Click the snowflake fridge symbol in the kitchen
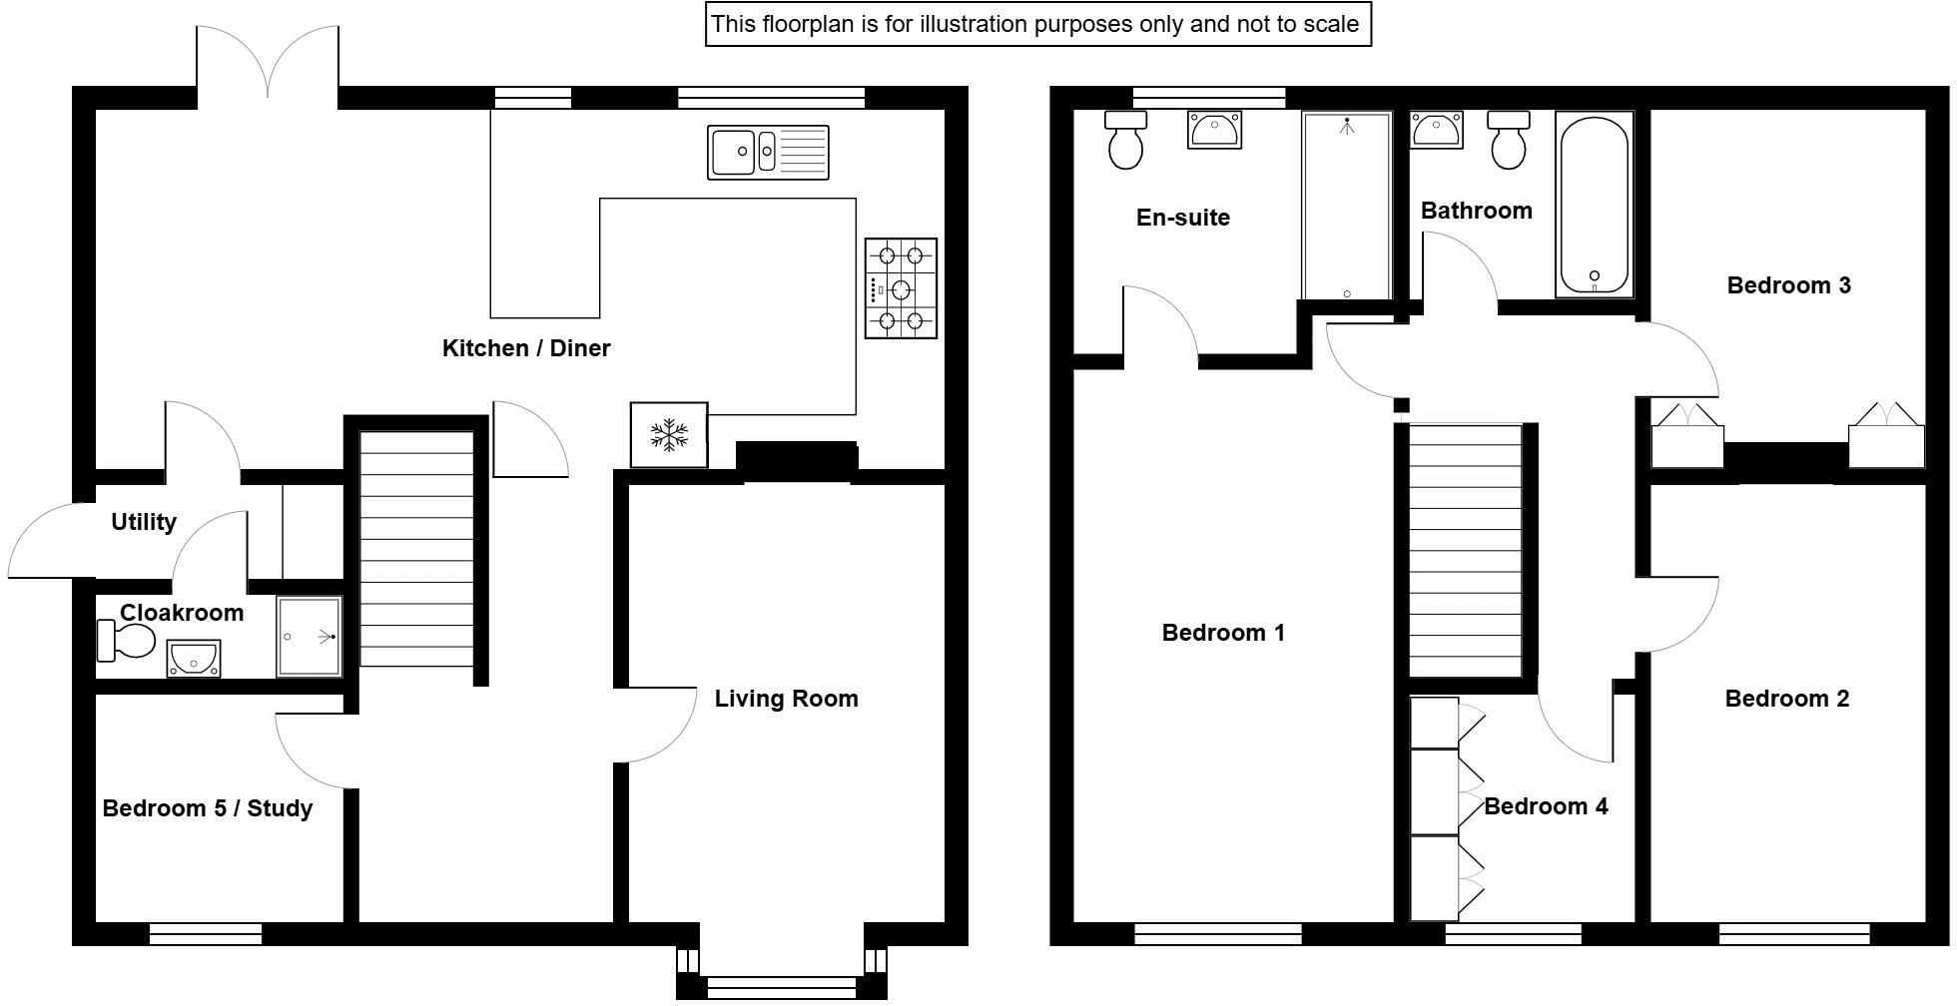coord(669,434)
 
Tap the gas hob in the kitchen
coord(901,288)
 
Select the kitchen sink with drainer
coord(768,152)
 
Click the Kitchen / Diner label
coord(526,348)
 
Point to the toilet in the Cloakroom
coord(126,641)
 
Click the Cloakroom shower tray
coord(310,636)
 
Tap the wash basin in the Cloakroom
coord(194,659)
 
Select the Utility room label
coord(144,522)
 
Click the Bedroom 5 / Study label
coord(208,808)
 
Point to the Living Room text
coord(786,699)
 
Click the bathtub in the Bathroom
coord(1595,205)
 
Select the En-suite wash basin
coord(1214,130)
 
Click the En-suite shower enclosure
coord(1346,206)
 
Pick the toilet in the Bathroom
coord(1508,140)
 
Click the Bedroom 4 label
coord(1546,806)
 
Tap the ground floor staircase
coord(416,549)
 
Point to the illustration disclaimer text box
coord(1038,24)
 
